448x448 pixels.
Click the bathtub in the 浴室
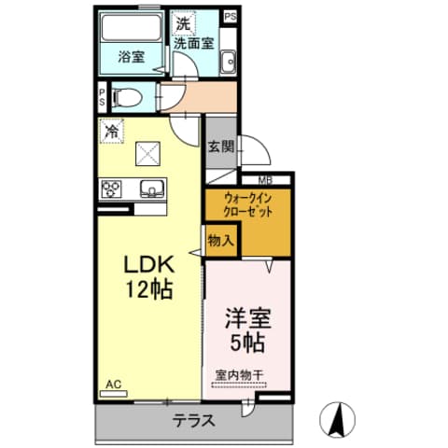click(x=131, y=27)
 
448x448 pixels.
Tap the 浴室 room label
click(x=132, y=57)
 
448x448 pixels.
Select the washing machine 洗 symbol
click(x=184, y=23)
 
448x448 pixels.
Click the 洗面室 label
click(x=194, y=43)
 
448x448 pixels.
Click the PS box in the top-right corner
click(x=231, y=17)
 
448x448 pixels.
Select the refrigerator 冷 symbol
click(x=112, y=132)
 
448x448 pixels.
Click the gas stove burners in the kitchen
click(x=111, y=189)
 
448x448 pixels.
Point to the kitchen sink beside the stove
click(x=152, y=189)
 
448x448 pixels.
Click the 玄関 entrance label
click(x=220, y=147)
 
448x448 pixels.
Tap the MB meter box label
click(x=266, y=180)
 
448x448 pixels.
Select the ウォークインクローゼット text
click(x=248, y=205)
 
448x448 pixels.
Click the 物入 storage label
click(x=221, y=241)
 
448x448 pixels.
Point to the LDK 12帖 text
click(x=148, y=277)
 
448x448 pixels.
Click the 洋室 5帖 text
click(x=248, y=330)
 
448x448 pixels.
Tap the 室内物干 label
click(x=239, y=375)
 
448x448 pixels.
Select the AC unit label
click(x=113, y=385)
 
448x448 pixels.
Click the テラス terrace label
click(x=194, y=421)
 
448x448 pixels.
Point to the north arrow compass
click(x=338, y=419)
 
